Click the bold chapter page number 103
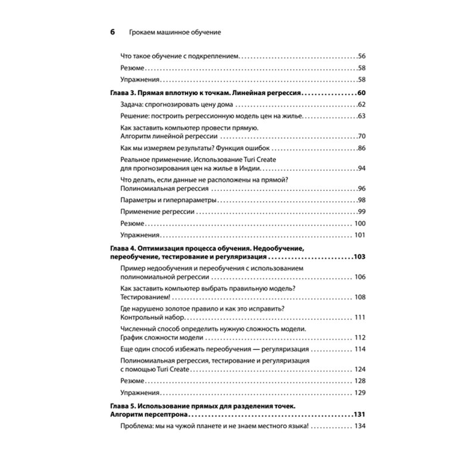(x=358, y=257)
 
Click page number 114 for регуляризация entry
(x=359, y=349)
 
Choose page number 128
(x=359, y=381)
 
